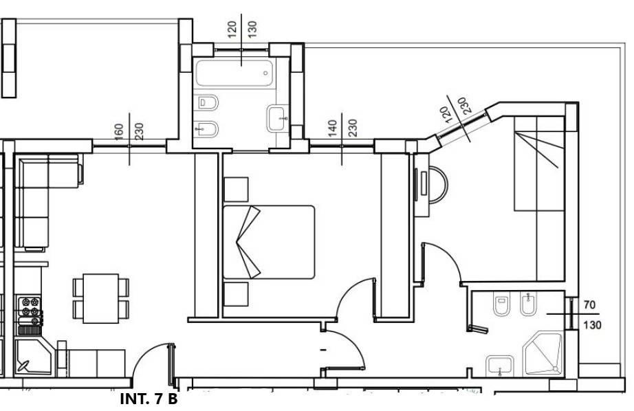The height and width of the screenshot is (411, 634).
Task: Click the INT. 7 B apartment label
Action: point(149,399)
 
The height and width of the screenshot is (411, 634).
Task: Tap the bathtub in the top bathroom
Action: point(234,73)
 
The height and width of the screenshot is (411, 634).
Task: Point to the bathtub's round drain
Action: point(265,73)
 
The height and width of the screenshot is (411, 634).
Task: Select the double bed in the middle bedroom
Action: point(269,242)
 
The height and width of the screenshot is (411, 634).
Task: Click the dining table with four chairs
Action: point(101,298)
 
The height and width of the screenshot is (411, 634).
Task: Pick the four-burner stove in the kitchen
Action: point(30,311)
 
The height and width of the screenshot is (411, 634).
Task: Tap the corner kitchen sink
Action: point(33,357)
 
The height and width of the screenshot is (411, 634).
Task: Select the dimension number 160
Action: point(119,132)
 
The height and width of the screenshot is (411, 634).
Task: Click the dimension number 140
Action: point(332,129)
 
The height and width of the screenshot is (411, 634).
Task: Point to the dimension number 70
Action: point(589,304)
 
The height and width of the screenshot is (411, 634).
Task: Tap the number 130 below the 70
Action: point(592,325)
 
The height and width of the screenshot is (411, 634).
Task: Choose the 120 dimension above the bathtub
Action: point(232,30)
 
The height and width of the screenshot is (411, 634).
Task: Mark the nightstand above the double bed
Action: point(236,189)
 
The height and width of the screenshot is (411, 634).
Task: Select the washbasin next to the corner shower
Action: point(500,366)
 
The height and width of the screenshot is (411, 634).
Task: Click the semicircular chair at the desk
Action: point(438,185)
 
